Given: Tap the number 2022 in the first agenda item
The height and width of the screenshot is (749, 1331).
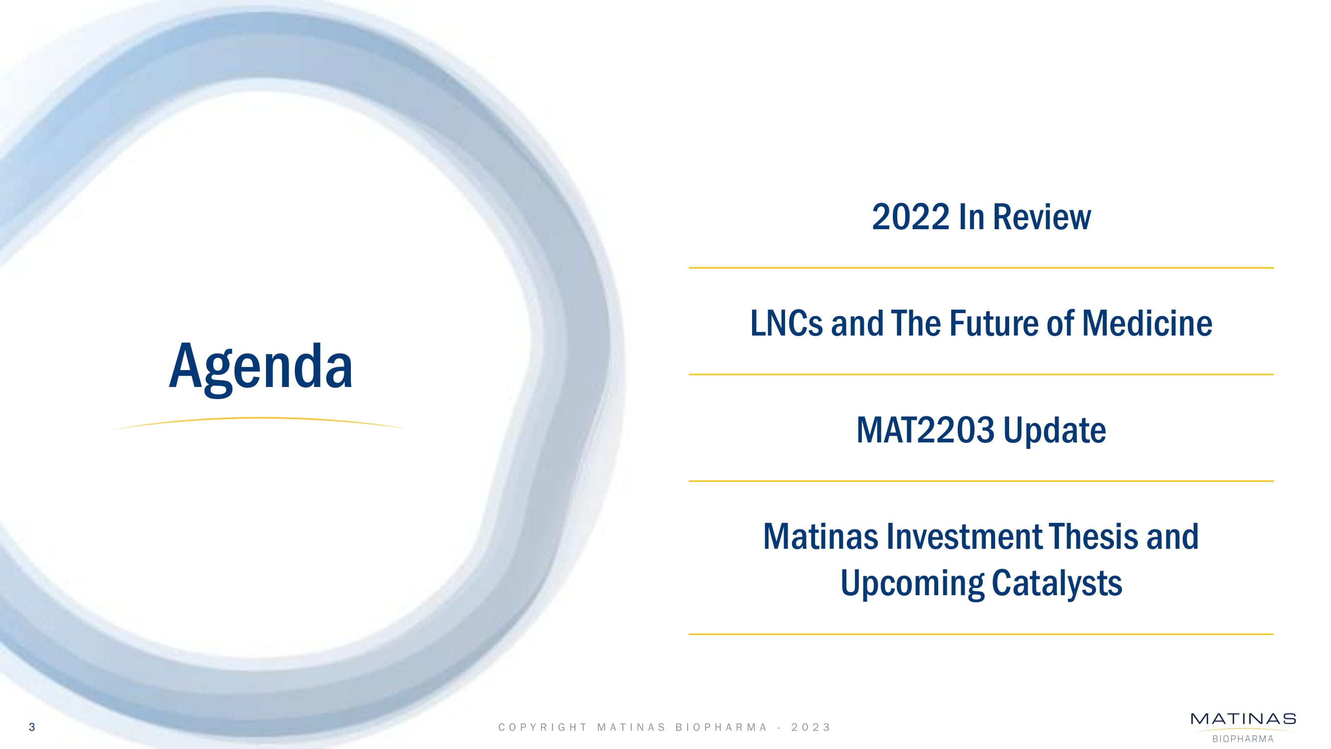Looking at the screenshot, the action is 910,217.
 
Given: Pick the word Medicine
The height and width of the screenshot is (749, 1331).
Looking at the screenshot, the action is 1147,324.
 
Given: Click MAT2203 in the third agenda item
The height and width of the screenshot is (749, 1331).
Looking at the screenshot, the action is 925,430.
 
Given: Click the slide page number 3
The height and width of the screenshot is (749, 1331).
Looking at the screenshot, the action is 32,728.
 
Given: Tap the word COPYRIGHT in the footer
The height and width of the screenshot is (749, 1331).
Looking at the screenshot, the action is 542,728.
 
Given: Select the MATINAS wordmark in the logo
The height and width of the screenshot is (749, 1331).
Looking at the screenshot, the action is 1243,719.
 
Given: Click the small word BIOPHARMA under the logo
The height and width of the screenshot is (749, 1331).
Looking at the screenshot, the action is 1243,739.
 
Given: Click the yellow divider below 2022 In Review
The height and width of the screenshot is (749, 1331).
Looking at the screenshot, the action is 981,268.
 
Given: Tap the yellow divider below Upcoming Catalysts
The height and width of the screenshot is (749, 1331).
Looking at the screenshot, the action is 981,634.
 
